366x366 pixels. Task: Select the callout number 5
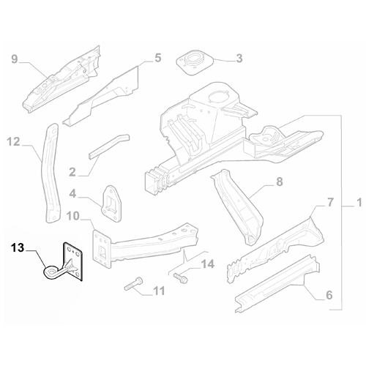157,58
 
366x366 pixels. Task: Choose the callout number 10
72,215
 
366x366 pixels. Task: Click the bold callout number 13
17,248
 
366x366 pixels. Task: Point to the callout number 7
329,201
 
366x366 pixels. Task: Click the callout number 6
329,295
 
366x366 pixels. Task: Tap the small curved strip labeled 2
108,145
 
